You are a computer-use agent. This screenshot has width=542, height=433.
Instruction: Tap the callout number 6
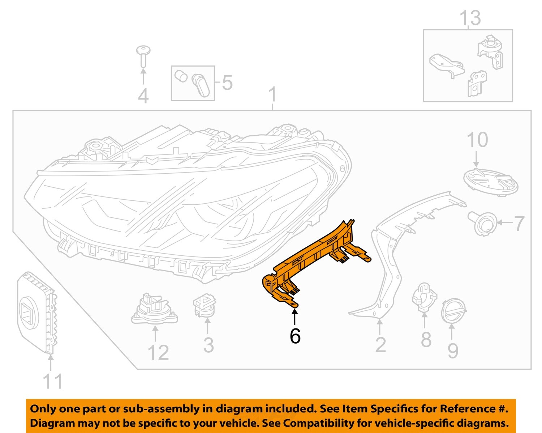pyautogui.click(x=295, y=336)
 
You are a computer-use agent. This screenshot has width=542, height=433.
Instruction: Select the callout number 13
pyautogui.click(x=470, y=18)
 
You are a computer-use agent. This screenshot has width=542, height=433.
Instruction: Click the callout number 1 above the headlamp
pyautogui.click(x=273, y=95)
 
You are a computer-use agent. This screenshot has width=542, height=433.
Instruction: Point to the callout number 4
pyautogui.click(x=143, y=96)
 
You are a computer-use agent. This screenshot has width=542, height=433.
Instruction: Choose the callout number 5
pyautogui.click(x=227, y=83)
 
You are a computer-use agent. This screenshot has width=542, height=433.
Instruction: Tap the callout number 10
pyautogui.click(x=477, y=140)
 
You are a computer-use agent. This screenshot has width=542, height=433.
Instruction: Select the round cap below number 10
pyautogui.click(x=490, y=182)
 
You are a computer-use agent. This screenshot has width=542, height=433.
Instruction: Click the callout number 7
pyautogui.click(x=519, y=223)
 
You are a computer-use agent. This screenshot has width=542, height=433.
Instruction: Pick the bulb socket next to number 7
pyautogui.click(x=482, y=224)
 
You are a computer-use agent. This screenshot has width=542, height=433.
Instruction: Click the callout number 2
pyautogui.click(x=380, y=345)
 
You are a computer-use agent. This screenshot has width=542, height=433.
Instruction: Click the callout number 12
pyautogui.click(x=158, y=353)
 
